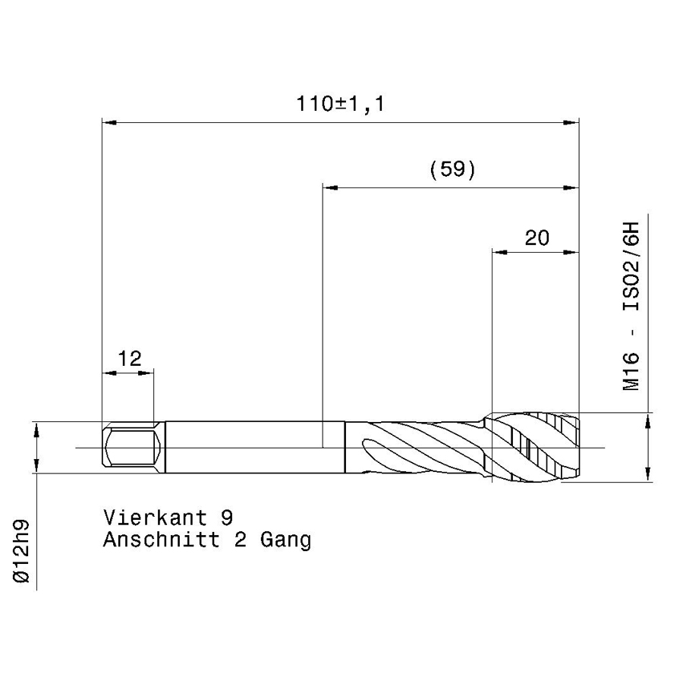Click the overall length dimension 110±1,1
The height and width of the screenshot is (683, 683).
(340, 104)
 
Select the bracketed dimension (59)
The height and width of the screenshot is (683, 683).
(452, 169)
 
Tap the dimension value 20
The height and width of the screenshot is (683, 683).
(537, 238)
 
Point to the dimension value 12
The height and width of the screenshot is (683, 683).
(130, 358)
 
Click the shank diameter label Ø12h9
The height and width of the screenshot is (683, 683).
(21, 551)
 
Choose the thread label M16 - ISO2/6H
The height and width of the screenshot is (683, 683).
(631, 307)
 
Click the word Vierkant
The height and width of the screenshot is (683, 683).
(155, 518)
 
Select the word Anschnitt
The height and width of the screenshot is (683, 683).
(162, 540)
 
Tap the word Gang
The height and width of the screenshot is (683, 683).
(286, 540)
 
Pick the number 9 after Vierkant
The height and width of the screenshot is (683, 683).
(227, 518)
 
